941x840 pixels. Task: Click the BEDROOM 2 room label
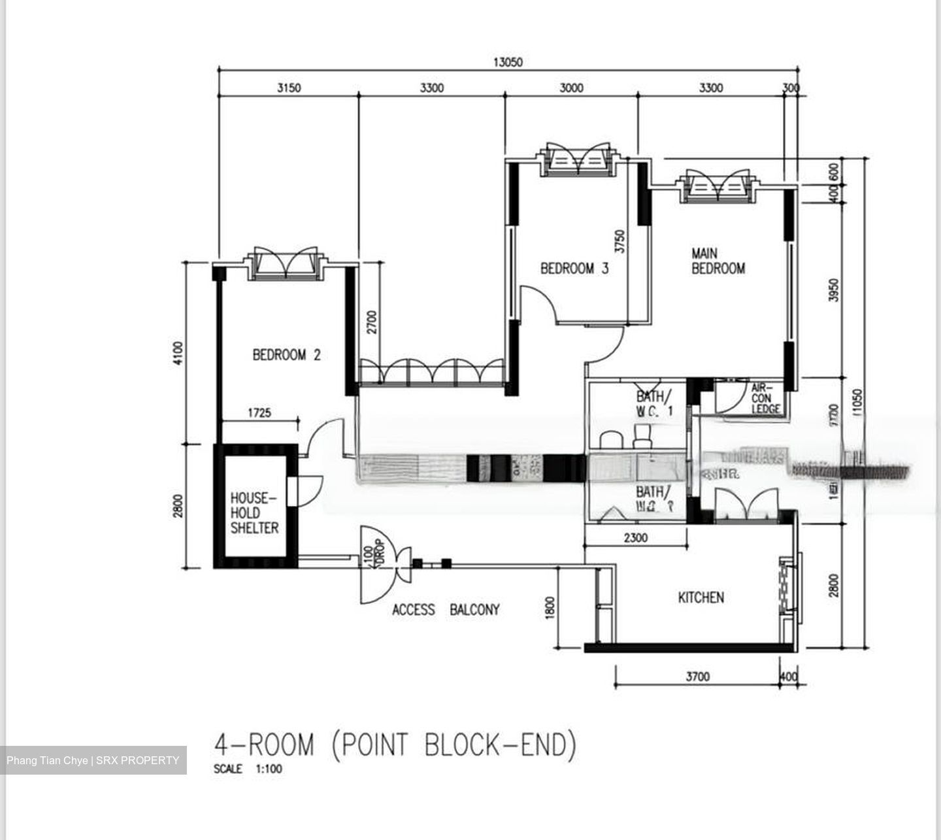point(286,355)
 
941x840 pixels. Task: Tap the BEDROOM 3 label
point(574,268)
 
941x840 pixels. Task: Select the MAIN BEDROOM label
point(718,260)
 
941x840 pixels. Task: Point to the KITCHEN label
point(701,597)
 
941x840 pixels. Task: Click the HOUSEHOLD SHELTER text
point(254,513)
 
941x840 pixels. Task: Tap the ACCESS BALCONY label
point(446,609)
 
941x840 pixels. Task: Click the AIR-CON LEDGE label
point(764,398)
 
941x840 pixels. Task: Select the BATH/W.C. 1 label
point(654,403)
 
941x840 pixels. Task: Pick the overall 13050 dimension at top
point(508,62)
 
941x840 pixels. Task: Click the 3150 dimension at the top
point(289,88)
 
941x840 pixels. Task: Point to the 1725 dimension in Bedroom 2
point(259,412)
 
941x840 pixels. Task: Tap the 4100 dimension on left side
point(178,353)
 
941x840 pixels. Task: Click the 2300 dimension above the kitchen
point(635,537)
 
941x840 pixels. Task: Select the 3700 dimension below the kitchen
point(697,677)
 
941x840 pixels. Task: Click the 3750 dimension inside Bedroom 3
point(620,241)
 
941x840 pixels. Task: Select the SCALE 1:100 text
point(248,769)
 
